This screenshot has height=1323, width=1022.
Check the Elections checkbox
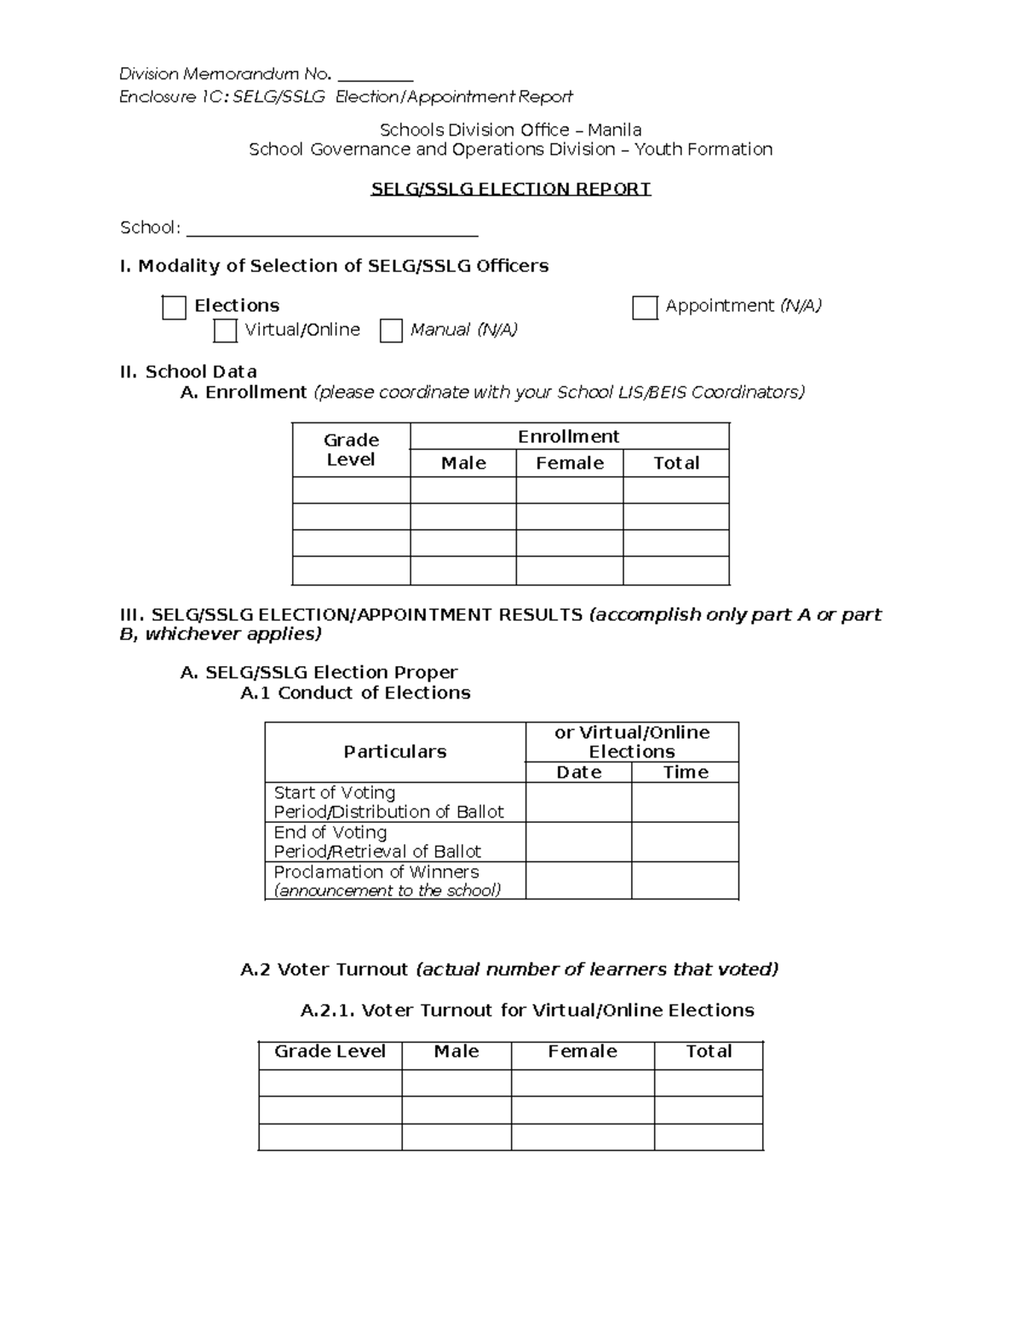pyautogui.click(x=174, y=308)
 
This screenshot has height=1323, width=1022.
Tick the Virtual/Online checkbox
pyautogui.click(x=225, y=331)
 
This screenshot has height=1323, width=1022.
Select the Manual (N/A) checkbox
pyautogui.click(x=391, y=331)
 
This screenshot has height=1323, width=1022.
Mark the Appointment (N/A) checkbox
pyautogui.click(x=645, y=308)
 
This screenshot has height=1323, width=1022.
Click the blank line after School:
pyautogui.click(x=332, y=228)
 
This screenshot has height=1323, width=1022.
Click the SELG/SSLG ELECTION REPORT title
pyautogui.click(x=511, y=189)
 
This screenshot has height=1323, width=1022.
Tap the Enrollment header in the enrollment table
pyautogui.click(x=569, y=436)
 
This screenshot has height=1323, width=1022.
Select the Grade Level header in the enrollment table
pyautogui.click(x=351, y=450)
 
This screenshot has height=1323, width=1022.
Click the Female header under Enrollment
pyautogui.click(x=570, y=463)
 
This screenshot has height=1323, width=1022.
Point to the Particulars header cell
pyautogui.click(x=394, y=751)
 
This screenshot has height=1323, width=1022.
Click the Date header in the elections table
pyautogui.click(x=578, y=772)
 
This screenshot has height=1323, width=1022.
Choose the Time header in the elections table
pyautogui.click(x=686, y=772)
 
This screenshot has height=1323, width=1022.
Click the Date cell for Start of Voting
pyautogui.click(x=578, y=802)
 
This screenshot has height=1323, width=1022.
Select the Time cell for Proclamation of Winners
pyautogui.click(x=686, y=880)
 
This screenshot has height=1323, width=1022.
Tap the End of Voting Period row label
pyautogui.click(x=377, y=842)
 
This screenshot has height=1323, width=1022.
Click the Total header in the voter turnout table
pyautogui.click(x=709, y=1051)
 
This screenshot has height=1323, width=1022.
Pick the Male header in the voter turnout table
pyautogui.click(x=456, y=1051)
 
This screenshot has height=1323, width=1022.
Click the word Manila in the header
pyautogui.click(x=620, y=130)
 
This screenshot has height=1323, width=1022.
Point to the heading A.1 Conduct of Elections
pyautogui.click(x=355, y=693)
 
